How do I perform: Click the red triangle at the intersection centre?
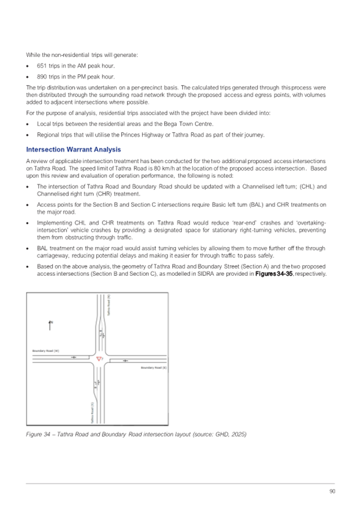[98, 359]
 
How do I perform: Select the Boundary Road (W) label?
[45, 351]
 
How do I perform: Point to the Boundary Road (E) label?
[154, 368]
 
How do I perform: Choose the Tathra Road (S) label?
[93, 412]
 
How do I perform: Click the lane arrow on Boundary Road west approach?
[74, 357]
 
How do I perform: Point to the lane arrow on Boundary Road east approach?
[125, 361]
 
